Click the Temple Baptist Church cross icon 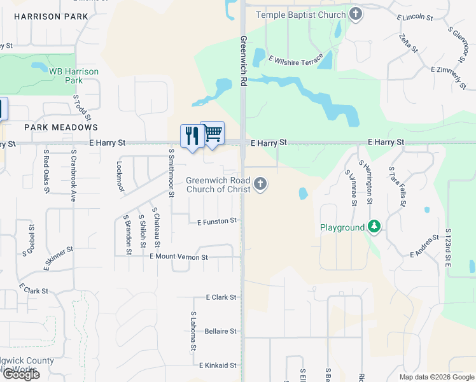tap(356, 14)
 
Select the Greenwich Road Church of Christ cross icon tap(260, 185)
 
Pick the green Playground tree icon tap(375, 227)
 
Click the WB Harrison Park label tap(74, 76)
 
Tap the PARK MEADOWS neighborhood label tap(61, 127)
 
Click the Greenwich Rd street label tap(243, 61)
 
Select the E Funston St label tap(217, 222)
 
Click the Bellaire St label tap(220, 331)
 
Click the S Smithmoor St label tap(171, 173)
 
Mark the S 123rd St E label tap(449, 253)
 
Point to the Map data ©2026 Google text tap(437, 377)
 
